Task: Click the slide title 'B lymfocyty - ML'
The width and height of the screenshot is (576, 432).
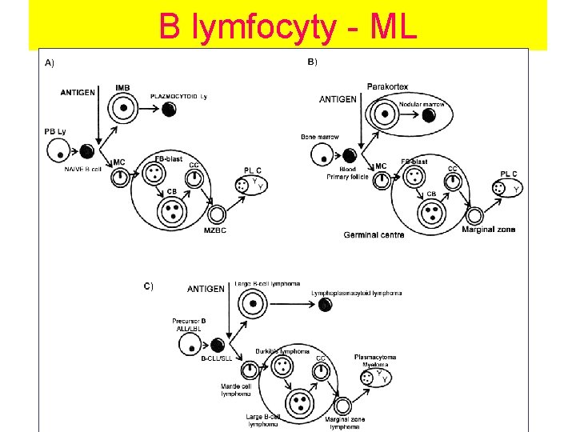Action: (x=287, y=26)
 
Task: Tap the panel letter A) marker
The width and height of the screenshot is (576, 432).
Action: (x=50, y=63)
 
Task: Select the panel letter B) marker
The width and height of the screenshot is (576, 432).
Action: (x=313, y=62)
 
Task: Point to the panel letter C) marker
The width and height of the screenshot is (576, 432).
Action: (x=149, y=285)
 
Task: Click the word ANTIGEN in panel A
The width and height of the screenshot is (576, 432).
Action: (x=78, y=92)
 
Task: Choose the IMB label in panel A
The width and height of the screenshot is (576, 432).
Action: (x=122, y=87)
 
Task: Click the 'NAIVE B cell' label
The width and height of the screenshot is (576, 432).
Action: (x=84, y=168)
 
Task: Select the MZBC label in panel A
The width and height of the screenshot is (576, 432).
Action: (x=214, y=232)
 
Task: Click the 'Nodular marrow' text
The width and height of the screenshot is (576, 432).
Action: (x=422, y=104)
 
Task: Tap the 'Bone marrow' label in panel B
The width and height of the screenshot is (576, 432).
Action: (x=320, y=137)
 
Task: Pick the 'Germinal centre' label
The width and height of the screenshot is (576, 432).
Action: (x=374, y=234)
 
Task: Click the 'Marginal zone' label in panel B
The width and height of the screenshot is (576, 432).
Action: (x=489, y=230)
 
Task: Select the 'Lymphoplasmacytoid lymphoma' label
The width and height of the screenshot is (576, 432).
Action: (x=357, y=294)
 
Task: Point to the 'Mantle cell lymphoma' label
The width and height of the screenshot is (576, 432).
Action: (x=236, y=390)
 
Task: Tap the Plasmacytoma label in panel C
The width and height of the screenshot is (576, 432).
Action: (x=375, y=357)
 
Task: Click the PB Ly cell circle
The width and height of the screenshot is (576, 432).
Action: (x=58, y=150)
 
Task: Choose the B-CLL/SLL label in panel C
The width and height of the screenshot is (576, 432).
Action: (x=216, y=359)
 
